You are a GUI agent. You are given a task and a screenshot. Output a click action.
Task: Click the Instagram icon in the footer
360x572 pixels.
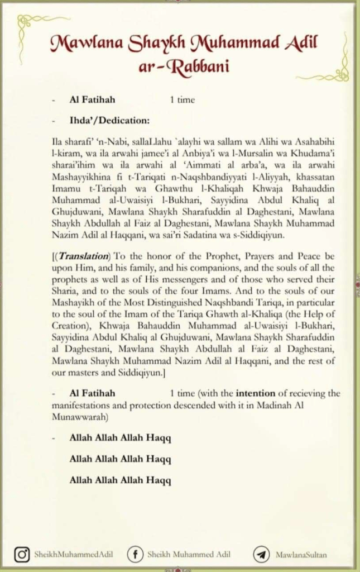(22, 555)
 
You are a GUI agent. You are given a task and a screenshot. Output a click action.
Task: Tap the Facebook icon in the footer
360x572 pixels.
(135, 555)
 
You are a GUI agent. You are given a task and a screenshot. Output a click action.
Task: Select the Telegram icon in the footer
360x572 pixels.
(260, 555)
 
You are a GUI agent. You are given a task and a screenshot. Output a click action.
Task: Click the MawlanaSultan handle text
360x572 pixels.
(301, 555)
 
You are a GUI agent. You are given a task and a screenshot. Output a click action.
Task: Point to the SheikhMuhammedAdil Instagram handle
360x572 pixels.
(74, 555)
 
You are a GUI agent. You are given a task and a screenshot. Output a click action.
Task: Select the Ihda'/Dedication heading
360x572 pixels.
(109, 120)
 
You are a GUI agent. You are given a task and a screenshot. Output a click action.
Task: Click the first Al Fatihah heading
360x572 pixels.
(92, 100)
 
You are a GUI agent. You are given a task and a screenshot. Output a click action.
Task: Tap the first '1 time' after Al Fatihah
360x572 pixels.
(183, 100)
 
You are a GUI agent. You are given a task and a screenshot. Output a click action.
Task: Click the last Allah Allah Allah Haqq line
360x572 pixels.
(120, 480)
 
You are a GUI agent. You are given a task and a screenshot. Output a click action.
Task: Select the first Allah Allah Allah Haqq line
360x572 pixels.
(120, 438)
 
